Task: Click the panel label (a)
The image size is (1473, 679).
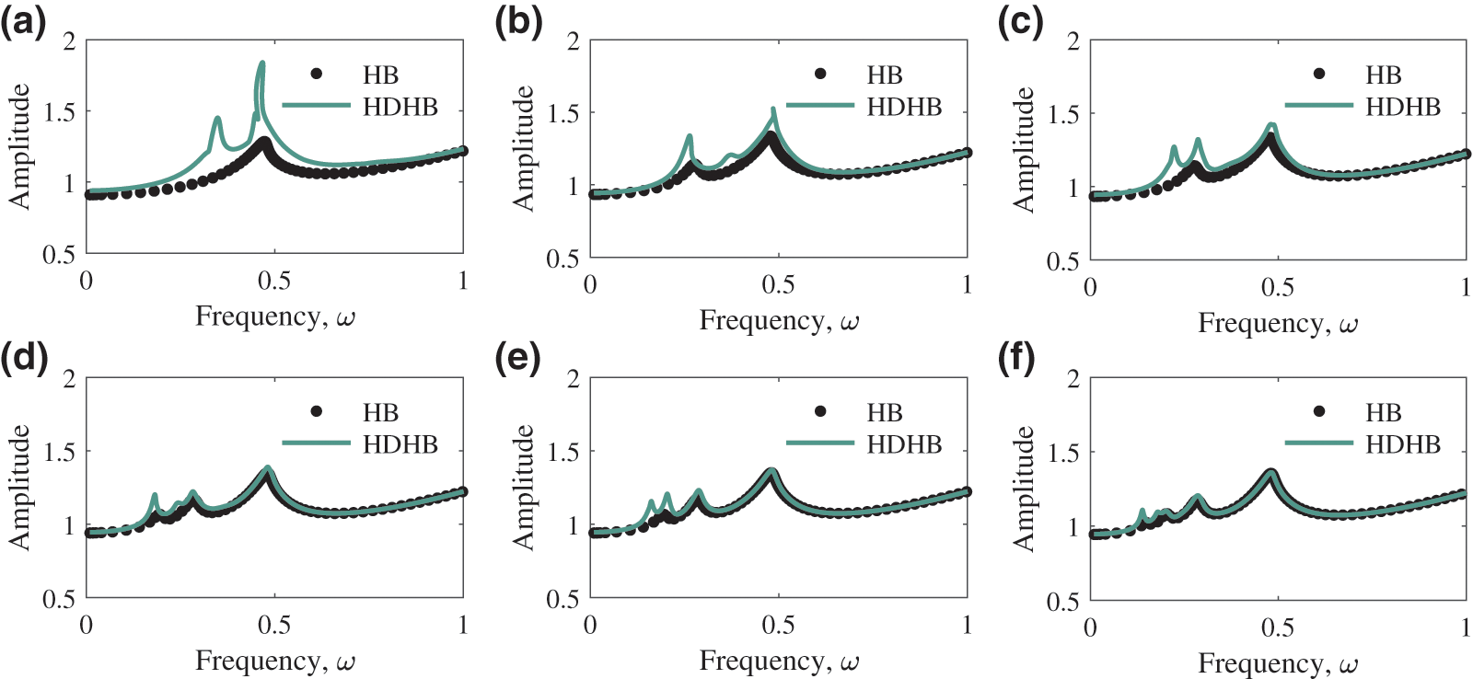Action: point(23,21)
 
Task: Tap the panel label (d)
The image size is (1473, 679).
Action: point(24,357)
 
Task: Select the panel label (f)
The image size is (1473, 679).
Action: point(1016,358)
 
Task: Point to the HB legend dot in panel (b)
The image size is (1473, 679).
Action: point(820,75)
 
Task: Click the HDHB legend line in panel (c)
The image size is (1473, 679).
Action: point(1318,106)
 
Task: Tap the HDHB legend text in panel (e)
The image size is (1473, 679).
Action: point(904,444)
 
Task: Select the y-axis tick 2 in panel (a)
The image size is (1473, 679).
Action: point(69,41)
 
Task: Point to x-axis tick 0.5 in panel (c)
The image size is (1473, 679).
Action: point(1277,287)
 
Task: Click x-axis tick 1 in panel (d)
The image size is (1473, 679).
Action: point(462,625)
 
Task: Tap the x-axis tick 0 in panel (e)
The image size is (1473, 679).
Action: point(590,625)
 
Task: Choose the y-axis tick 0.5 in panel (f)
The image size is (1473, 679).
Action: point(1062,602)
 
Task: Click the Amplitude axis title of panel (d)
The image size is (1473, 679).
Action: point(19,488)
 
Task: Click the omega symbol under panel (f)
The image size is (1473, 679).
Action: point(1349,664)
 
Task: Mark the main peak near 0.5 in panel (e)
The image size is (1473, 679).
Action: point(771,472)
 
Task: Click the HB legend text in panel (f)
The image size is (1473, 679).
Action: point(1383,413)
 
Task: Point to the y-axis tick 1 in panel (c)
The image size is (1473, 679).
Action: point(1073,188)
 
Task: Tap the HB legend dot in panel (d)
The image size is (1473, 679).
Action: point(317,411)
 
